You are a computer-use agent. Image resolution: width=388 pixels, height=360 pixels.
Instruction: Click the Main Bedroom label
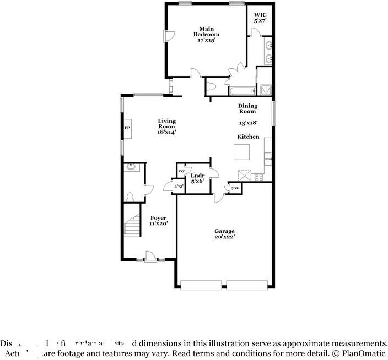[x=206, y=34]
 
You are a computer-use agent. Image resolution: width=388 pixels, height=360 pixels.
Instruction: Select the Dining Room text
[x=247, y=108]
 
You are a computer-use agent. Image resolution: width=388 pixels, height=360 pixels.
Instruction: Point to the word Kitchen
[x=248, y=137]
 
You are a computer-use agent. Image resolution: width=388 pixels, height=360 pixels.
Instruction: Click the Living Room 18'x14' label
[x=166, y=126]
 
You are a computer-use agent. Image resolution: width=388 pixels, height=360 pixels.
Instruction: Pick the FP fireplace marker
[x=127, y=128]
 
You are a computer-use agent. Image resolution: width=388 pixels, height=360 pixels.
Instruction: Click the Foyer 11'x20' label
[x=158, y=220]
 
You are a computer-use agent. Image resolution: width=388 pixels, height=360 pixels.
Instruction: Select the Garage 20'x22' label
[x=224, y=234]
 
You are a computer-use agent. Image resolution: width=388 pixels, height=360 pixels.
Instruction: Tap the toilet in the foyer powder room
[x=131, y=197]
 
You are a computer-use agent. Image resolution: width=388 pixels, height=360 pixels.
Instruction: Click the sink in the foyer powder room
[x=131, y=167]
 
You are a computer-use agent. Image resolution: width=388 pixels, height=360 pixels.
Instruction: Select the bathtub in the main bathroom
[x=242, y=91]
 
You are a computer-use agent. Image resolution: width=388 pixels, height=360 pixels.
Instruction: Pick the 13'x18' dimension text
[x=248, y=123]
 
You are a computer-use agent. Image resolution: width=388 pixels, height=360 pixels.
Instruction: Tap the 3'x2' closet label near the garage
[x=235, y=188]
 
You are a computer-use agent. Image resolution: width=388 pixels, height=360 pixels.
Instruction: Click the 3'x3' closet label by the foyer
[x=178, y=187]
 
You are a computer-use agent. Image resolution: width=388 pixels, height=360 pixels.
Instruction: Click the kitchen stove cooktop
[x=258, y=176]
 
